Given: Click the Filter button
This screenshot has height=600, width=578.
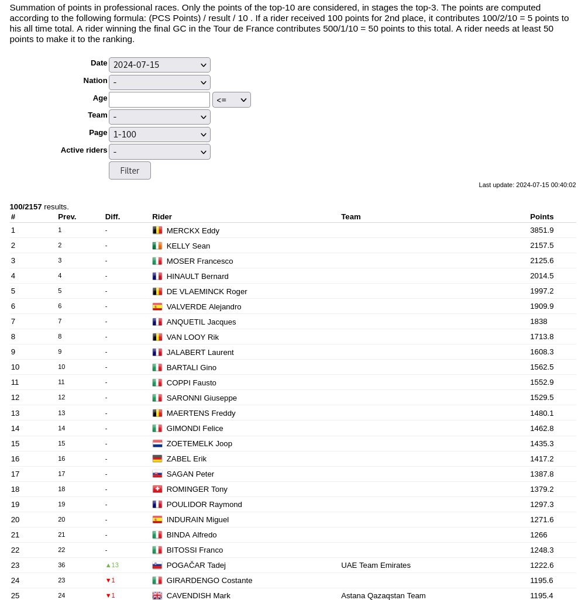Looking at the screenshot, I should pos(129,171).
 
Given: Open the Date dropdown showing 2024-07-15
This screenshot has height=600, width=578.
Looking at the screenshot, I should pos(159,65).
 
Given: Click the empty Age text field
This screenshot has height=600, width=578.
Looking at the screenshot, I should pos(159,99).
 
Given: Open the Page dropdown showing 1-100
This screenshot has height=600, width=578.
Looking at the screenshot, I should pos(159,135).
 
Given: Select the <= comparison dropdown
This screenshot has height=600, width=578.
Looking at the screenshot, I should pos(231,100).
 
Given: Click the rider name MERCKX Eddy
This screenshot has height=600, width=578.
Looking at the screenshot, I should pos(192,230).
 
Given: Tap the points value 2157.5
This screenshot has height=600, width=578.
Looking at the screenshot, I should pos(542,246).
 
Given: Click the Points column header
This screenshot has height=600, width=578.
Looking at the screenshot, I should pos(542,216).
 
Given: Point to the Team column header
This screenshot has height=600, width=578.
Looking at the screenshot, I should pos(351,216).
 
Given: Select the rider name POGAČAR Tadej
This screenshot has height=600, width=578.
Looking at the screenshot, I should pos(196,565).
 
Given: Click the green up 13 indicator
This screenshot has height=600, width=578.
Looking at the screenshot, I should pos(112,565).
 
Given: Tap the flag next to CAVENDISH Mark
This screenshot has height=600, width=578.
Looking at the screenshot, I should pos(157,595).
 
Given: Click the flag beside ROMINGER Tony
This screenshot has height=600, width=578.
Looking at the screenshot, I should pos(157,489).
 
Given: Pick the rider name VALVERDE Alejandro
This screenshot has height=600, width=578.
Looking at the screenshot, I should pos(204,306).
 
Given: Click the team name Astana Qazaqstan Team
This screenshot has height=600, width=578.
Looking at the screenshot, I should pos(383,595).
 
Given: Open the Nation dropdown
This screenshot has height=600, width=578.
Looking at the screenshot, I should pos(159,82).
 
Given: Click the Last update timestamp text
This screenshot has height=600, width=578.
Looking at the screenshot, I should pos(527,185).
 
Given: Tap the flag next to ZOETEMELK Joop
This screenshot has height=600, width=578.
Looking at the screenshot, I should pos(157,443).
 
